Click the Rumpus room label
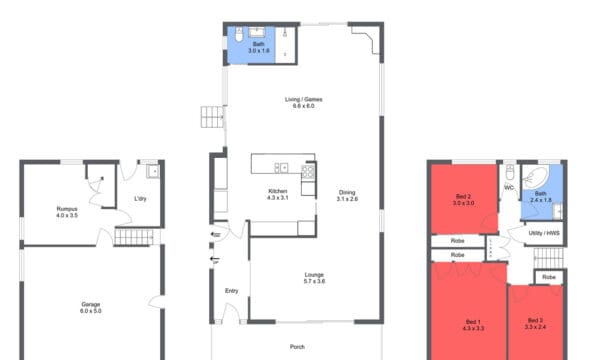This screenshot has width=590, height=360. click(67, 208)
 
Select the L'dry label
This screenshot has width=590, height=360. click(141, 198)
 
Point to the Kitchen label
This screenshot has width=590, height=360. click(277, 192)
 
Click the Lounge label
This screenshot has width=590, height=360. click(315, 274)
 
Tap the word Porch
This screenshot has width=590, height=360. click(297, 348)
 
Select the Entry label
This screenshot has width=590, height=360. click(231, 291)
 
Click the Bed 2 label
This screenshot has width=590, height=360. click(463, 196)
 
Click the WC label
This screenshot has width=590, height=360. click(508, 187)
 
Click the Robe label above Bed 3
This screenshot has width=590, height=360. click(549, 276)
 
